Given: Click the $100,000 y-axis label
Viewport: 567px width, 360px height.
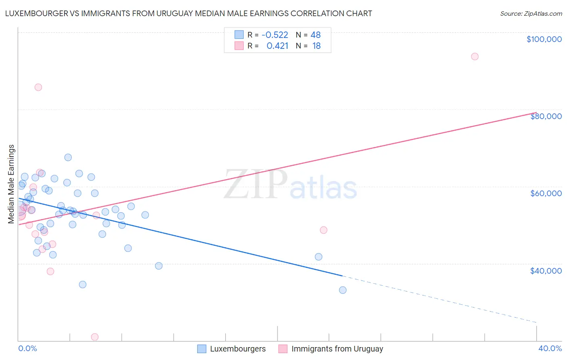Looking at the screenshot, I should click(544, 39).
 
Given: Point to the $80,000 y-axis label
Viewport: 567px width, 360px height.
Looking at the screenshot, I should click(546, 116).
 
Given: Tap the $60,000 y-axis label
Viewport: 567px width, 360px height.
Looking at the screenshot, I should click(546, 193).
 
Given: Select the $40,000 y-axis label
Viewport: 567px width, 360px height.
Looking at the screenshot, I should click(546, 271).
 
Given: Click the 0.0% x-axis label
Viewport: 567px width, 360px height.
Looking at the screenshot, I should click(27, 348).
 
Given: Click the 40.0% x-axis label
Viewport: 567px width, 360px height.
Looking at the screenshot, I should click(550, 348).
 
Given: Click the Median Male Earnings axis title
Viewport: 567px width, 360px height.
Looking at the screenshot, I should click(11, 184).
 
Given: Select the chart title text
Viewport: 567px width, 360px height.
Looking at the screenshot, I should click(188, 13).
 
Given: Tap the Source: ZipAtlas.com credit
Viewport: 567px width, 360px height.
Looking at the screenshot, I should click(531, 14).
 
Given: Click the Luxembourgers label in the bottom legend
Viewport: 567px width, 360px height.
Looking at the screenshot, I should click(238, 349).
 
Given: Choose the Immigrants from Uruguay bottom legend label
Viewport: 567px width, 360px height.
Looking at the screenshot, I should click(337, 349).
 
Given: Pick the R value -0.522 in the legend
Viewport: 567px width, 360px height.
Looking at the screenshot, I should click(275, 35).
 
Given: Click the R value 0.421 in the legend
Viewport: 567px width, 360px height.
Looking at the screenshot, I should click(277, 46).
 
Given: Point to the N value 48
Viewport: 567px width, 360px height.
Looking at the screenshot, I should click(315, 35).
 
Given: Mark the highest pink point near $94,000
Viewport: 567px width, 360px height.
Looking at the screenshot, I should click(475, 57).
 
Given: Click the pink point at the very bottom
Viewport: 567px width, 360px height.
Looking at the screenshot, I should click(95, 337).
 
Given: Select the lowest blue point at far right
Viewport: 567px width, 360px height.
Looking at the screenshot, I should click(343, 290).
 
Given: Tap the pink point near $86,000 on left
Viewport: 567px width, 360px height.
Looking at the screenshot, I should click(38, 87).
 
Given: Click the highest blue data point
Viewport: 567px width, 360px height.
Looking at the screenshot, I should click(68, 157).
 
